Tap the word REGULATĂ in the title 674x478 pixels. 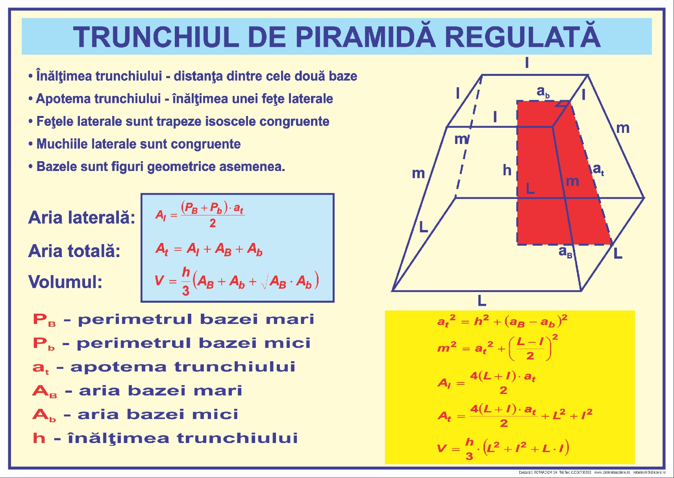click(522, 37)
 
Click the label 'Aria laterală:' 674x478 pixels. click(81, 217)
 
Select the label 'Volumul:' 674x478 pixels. click(65, 282)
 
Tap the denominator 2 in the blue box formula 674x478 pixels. click(213, 223)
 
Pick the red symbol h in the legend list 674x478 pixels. click(39, 438)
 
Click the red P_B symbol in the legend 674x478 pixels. click(44, 320)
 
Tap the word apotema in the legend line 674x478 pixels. click(118, 367)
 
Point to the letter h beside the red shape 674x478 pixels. click(507, 170)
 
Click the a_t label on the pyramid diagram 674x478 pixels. click(598, 169)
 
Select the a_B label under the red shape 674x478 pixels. click(565, 252)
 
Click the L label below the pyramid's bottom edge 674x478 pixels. click(482, 301)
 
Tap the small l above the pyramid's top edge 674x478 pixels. click(527, 63)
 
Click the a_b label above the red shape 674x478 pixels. click(543, 92)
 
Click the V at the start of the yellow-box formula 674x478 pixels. click(442, 449)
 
